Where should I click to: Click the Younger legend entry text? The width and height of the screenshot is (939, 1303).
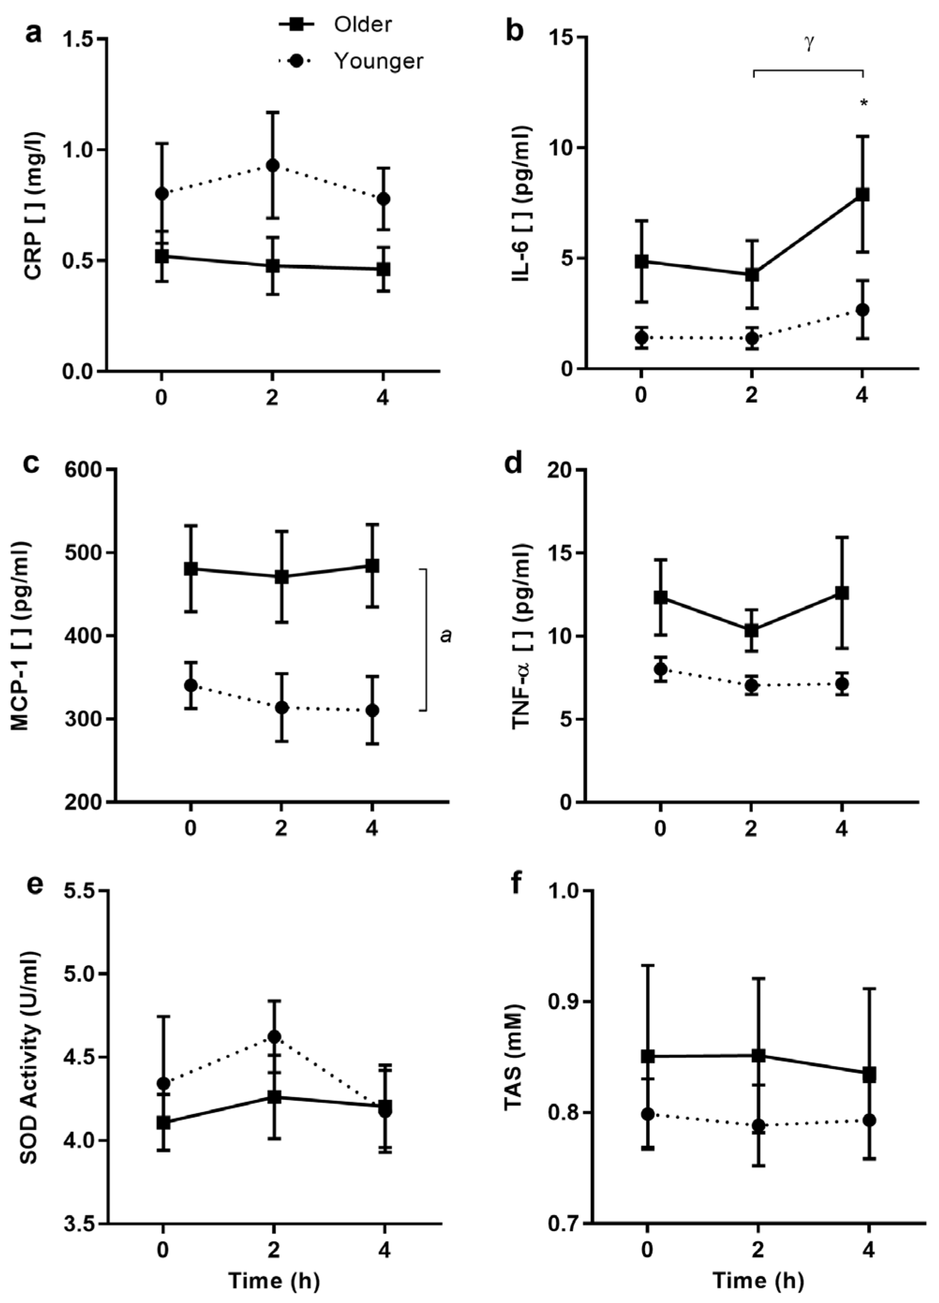pos(378,61)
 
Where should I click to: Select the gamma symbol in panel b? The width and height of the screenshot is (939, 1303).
pos(809,43)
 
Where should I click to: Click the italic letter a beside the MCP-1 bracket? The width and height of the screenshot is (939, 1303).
pos(445,636)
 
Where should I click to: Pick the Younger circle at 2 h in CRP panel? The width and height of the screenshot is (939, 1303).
pos(272,165)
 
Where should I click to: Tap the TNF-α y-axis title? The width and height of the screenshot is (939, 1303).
pos(521,636)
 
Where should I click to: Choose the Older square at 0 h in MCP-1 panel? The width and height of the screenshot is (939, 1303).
pos(191,569)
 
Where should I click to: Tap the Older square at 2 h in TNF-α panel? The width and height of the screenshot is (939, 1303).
pos(751,630)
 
